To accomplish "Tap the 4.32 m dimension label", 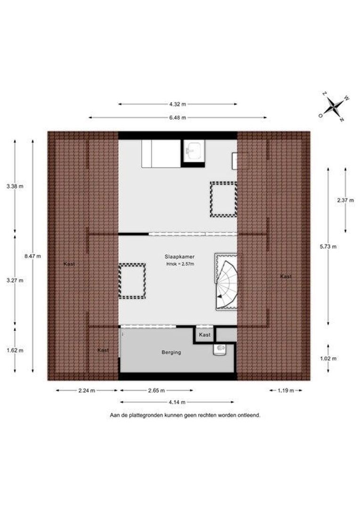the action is pos(178,104).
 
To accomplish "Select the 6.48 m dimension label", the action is pos(178,117).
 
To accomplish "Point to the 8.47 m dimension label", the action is pos(33,256).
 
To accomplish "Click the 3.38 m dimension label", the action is pos(15,186).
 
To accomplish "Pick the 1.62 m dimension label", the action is pos(15,351).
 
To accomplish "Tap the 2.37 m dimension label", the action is pos(345,200).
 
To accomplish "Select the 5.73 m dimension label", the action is pos(328,246).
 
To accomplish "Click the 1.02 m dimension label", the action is pos(328,358).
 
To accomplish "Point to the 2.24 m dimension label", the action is pos(87,391).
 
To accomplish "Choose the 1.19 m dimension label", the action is pos(286,391).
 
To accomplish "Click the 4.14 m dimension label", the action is pos(177,402).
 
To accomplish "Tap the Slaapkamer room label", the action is pos(180,257).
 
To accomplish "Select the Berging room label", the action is pos(172,352).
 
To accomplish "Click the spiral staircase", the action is pos(226,281).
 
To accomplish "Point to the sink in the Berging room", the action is pos(220,349).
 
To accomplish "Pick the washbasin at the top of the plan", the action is pos(193,150).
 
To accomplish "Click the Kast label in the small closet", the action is pos(205,335).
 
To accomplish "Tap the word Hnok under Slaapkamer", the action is pos(171,264).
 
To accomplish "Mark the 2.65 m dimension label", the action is pos(156,391).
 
